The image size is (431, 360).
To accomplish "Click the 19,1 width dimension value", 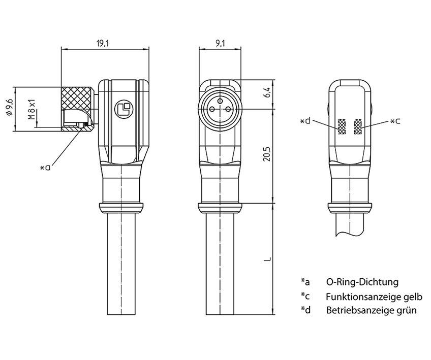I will pyautogui.click(x=102, y=44).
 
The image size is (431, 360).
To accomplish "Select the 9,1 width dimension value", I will pyautogui.click(x=220, y=44).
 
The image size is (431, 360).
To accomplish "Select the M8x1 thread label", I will pyautogui.click(x=32, y=110).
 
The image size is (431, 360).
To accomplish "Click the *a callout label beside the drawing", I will pyautogui.click(x=45, y=167).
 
